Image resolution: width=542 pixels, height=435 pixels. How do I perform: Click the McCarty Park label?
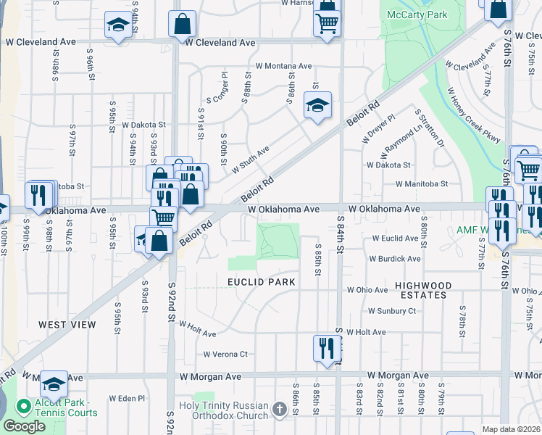pyautogui.click(x=417, y=14)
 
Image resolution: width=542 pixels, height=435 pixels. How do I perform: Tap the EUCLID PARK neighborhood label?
pyautogui.click(x=262, y=281)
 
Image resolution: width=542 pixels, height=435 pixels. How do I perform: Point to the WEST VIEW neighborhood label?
pyautogui.click(x=67, y=325)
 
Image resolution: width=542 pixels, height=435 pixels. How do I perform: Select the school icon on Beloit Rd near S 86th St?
pyautogui.click(x=317, y=106)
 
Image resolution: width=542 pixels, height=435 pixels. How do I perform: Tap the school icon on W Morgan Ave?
pyautogui.click(x=54, y=384)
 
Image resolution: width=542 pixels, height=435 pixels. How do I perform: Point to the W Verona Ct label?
pyautogui.click(x=225, y=355)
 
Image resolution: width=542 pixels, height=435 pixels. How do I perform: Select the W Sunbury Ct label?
pyautogui.click(x=391, y=311)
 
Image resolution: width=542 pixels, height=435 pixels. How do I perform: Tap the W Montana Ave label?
pyautogui.click(x=283, y=66)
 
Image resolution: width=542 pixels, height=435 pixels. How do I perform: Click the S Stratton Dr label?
pyautogui.click(x=430, y=128)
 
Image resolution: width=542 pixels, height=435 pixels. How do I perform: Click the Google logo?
pyautogui.click(x=25, y=426)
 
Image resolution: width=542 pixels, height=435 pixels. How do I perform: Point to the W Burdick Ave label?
pyautogui.click(x=394, y=259)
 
